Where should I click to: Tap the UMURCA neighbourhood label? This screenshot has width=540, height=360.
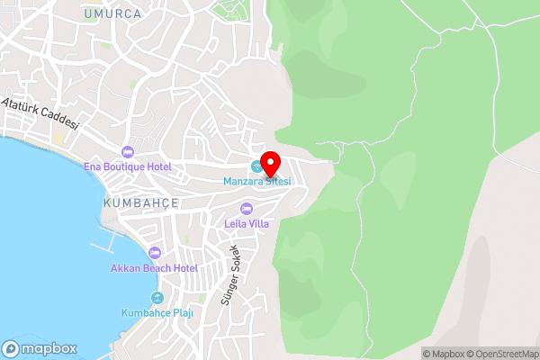coord(112,14)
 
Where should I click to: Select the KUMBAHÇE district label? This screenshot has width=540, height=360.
coord(141,204)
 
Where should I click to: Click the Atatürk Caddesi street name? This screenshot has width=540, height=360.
coord(40,115)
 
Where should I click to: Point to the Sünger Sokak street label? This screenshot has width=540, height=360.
coord(230,274)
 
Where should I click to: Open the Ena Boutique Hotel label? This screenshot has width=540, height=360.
coord(127,166)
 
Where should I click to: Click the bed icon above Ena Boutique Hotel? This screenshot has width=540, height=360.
coord(127,151)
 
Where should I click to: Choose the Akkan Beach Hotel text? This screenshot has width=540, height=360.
coord(154,268)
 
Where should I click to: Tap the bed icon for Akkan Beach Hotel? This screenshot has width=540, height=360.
coord(154,253)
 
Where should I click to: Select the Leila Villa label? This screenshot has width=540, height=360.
coord(247,223)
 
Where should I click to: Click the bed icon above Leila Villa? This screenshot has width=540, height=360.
coord(247,209)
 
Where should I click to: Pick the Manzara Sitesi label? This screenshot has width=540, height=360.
coord(257,182)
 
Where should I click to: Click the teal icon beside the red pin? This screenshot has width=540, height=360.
coord(256,166)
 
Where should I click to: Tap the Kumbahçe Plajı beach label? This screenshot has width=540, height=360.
coord(157,313)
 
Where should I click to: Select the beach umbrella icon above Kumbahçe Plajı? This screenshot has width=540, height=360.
coord(157,298)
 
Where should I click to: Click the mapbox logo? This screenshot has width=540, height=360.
coord(40,348)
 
